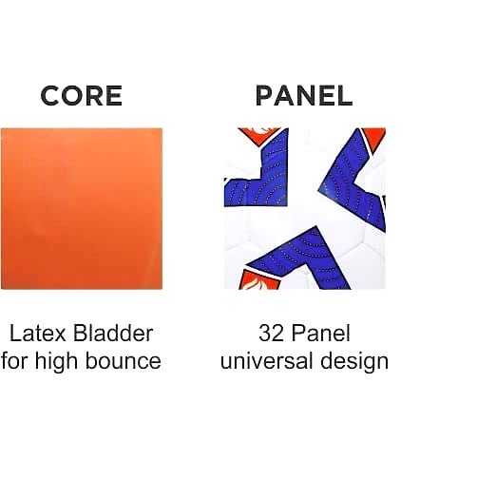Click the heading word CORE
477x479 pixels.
pyautogui.click(x=82, y=96)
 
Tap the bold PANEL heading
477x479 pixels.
pyautogui.click(x=304, y=96)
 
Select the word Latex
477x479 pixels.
pyautogui.click(x=37, y=334)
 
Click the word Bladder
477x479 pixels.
pyautogui.click(x=113, y=334)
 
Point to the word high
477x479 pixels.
pyautogui.click(x=56, y=361)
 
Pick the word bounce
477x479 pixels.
pyautogui.click(x=124, y=361)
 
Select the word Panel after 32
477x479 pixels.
pyautogui.click(x=321, y=334)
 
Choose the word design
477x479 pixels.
pyautogui.click(x=354, y=361)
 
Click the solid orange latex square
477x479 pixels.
pyautogui.click(x=82, y=208)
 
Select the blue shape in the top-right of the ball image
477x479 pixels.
pyautogui.click(x=354, y=181)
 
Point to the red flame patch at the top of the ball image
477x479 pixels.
pyautogui.click(x=259, y=135)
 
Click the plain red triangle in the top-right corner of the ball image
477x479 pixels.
pyautogui.click(x=375, y=137)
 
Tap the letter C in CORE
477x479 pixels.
pyautogui.click(x=50, y=96)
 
